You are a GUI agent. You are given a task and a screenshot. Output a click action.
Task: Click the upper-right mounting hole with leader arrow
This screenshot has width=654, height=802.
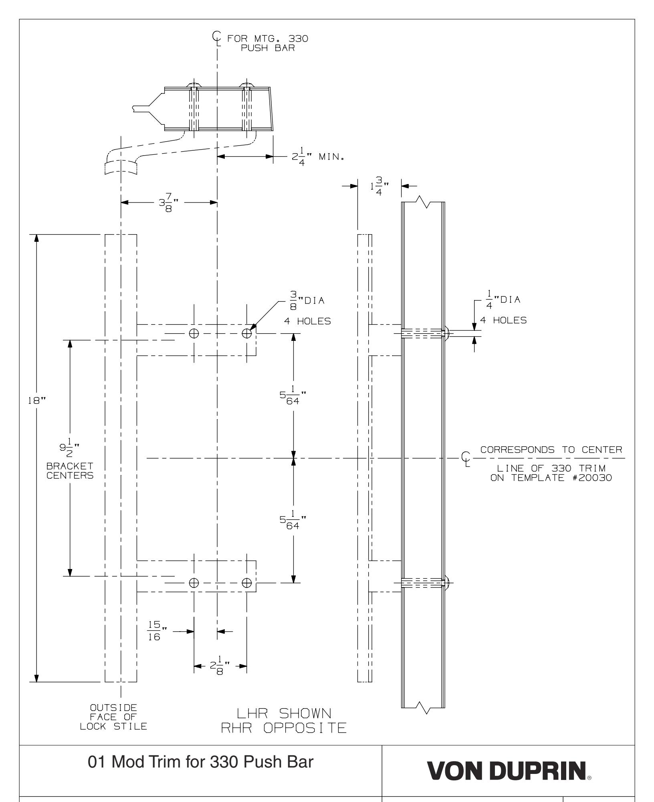click(247, 333)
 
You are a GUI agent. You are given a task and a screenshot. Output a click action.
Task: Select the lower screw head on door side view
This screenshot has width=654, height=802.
click(448, 582)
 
